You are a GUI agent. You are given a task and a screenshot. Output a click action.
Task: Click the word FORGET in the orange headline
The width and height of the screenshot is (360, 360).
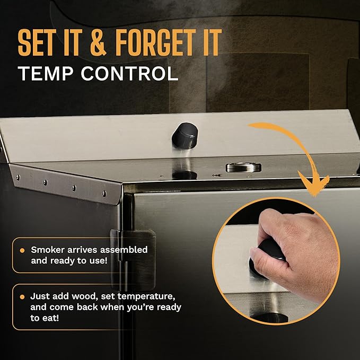(x=156, y=42)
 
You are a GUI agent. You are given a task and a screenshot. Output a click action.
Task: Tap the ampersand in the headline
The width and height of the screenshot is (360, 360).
(x=98, y=42)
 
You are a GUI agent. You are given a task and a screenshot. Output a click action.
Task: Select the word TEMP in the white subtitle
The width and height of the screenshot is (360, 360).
(x=46, y=74)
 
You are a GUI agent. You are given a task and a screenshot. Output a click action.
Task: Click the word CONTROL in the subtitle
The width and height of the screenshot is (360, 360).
(x=129, y=74)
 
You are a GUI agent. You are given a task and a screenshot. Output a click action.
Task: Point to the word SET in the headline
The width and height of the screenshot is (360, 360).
(x=37, y=42)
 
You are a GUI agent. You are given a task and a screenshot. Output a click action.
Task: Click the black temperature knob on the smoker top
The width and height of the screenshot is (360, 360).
(x=185, y=135)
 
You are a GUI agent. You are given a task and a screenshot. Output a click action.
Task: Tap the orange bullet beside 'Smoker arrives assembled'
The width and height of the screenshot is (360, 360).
(x=22, y=250)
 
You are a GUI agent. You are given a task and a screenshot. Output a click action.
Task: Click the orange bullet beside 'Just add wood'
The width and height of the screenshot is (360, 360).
(x=22, y=297)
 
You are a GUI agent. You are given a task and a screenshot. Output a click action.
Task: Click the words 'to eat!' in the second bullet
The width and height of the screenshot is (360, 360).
(x=45, y=318)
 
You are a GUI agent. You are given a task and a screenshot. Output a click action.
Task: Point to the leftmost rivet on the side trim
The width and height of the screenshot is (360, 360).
(x=17, y=177)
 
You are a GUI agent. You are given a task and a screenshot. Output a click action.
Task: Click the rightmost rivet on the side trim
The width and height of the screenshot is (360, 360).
(x=104, y=194)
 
